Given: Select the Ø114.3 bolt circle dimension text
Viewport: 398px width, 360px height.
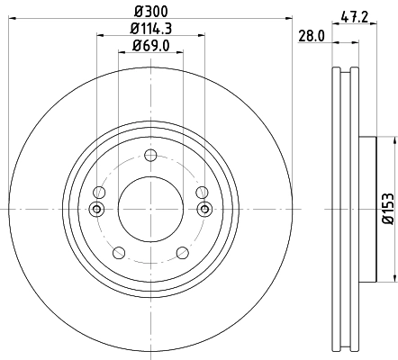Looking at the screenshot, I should [x=150, y=29].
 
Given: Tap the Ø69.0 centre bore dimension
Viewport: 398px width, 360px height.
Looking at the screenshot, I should [x=150, y=45].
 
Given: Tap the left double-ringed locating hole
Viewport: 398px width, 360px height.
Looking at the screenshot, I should [x=97, y=210].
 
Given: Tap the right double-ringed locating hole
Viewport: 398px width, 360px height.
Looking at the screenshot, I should [x=204, y=210].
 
